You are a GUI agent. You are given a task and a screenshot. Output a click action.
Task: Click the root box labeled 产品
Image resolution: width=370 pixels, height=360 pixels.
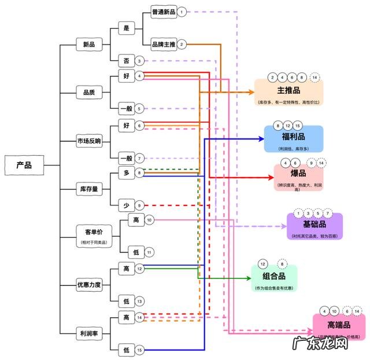24,165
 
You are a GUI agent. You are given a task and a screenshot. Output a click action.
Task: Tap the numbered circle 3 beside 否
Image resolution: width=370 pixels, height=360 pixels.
139,61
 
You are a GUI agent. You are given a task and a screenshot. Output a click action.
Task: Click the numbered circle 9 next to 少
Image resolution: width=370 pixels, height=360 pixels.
139,205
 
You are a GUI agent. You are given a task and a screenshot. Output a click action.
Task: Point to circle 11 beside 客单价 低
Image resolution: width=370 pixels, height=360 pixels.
149,252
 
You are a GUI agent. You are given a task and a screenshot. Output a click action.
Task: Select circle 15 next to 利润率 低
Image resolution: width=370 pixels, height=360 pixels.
139,350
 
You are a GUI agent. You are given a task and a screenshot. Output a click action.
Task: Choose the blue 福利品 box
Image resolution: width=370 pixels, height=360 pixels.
293,139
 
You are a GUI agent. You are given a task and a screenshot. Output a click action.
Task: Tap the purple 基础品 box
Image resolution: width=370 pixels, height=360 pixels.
314,226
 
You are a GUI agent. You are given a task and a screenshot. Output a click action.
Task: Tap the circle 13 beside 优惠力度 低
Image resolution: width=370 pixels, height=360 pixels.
139,301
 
